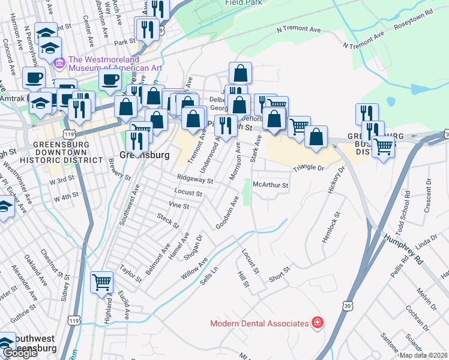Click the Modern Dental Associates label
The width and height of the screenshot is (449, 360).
[259, 323]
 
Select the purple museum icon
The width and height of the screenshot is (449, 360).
[59, 62]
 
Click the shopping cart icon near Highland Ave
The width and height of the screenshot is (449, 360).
[102, 281]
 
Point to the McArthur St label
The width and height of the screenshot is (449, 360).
[271, 185]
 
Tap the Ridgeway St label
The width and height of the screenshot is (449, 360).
[195, 179]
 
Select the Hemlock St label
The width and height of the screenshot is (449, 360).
[331, 227]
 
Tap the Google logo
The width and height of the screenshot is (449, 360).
[20, 353]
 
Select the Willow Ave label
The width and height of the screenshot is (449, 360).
[194, 268]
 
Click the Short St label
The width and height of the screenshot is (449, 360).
[279, 272]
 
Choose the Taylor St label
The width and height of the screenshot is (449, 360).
[130, 274]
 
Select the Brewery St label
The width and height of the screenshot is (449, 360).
[119, 169]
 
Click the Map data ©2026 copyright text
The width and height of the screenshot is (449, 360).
[423, 355]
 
